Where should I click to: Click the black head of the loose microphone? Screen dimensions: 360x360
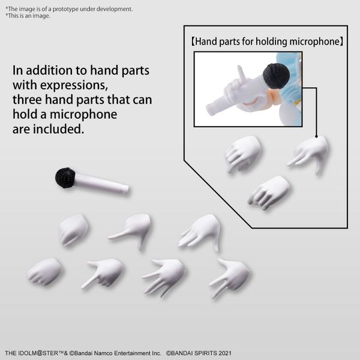(65, 178)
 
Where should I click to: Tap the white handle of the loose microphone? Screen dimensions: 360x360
(101, 183)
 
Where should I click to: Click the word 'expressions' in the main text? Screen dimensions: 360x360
(74, 85)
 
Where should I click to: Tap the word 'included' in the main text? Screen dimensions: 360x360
(58, 129)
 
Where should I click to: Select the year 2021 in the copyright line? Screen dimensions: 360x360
(225, 353)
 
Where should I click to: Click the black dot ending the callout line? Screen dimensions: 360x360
(316, 136)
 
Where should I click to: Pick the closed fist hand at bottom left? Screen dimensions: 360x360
(45, 272)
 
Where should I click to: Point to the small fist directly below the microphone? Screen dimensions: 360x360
(73, 230)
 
